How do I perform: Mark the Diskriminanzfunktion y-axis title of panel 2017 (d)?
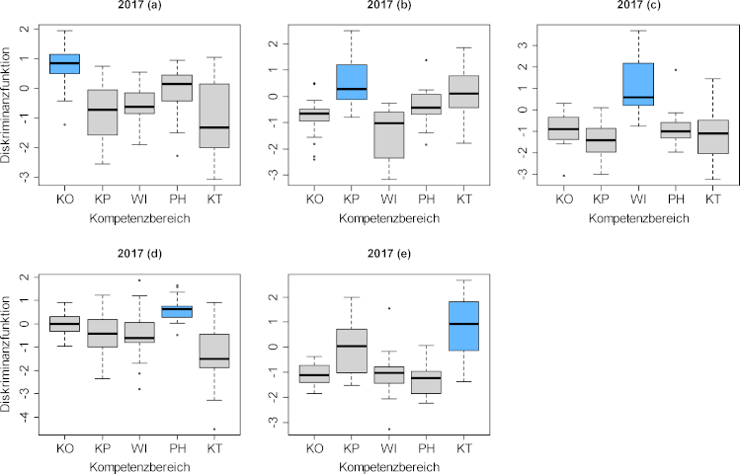click(x=9, y=352)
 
